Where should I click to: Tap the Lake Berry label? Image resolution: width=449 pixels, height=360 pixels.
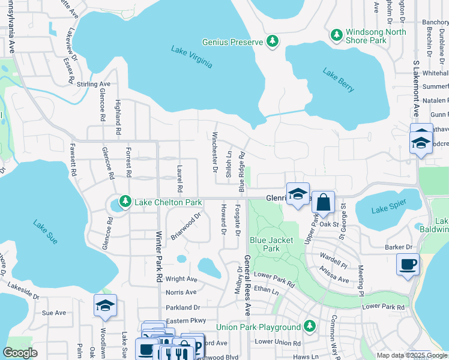pos(339,80)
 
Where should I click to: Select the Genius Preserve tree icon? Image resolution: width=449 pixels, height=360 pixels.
pos(273,41)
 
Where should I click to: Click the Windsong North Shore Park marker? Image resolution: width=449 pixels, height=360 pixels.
pos(337,35)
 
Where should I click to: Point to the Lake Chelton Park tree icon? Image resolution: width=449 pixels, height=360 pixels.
pos(125,202)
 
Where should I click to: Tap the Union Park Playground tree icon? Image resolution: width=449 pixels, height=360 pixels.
pos(309,326)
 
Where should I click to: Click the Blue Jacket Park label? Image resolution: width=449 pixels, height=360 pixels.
pos(271,244)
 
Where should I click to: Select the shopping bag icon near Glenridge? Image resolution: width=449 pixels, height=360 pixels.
pos(323,202)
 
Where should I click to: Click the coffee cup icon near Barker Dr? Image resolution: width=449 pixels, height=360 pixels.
pos(408,264)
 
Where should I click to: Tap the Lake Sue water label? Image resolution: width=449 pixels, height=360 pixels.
pos(46,232)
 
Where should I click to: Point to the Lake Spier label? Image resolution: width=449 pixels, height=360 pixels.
pos(388,209)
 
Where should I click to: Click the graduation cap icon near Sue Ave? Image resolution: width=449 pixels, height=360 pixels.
pos(105,306)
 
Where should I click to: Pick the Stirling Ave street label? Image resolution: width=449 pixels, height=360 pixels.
pos(94,84)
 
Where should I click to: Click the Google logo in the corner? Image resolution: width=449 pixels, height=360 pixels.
pos(20,352)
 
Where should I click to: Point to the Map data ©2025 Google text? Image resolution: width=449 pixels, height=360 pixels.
pos(411,355)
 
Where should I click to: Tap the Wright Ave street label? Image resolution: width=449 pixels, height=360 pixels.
pos(181,279)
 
